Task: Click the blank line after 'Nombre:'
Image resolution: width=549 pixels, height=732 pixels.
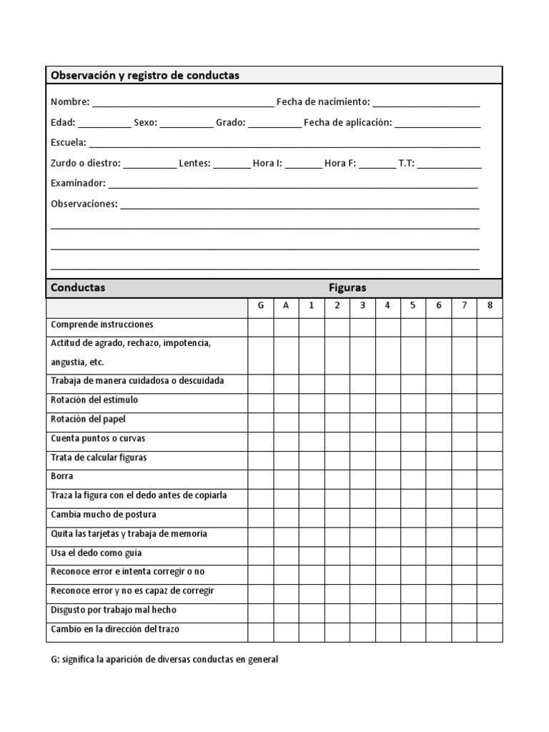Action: [182, 103]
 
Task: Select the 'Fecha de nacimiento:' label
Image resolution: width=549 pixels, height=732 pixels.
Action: [323, 102]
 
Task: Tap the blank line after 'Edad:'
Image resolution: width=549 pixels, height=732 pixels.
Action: [104, 123]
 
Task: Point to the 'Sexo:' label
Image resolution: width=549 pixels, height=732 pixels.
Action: [145, 122]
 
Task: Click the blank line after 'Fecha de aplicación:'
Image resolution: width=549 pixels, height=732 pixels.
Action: [437, 123]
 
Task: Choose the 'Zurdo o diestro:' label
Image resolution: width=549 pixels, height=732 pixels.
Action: [86, 163]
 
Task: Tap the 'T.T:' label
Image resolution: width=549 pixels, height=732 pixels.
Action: [406, 163]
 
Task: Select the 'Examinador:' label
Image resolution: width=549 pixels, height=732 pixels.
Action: [78, 183]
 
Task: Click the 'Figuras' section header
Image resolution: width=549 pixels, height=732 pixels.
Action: [347, 287]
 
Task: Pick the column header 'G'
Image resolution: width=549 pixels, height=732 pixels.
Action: [261, 306]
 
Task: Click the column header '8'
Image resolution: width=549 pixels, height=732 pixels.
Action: [490, 306]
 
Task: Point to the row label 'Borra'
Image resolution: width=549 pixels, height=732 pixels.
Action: [62, 476]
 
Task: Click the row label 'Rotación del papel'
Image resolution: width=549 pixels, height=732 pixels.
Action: [88, 419]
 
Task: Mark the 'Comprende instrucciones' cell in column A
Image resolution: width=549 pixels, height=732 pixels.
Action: [286, 325]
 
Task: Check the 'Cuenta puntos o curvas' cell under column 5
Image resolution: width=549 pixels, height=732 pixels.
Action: [413, 438]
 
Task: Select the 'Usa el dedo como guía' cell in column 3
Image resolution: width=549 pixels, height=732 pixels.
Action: [362, 553]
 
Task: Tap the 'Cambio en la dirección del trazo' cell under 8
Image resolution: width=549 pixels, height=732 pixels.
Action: [490, 630]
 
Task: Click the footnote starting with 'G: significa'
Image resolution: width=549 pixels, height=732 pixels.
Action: [164, 660]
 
